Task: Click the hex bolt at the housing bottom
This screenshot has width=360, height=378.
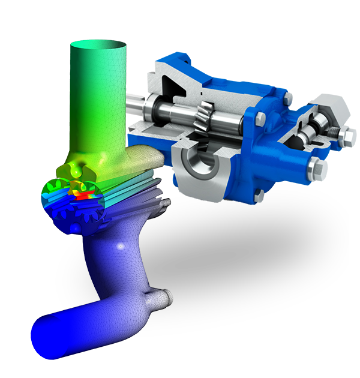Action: (x=260, y=196)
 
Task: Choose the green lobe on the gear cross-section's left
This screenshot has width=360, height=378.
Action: (x=50, y=192)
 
